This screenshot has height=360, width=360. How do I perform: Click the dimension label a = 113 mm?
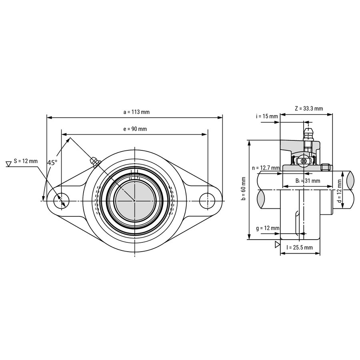136,112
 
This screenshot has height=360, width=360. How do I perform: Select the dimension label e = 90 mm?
135,129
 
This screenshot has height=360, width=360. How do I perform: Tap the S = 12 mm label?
26,161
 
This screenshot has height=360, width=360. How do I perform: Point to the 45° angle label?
52,163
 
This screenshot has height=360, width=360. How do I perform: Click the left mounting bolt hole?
61,201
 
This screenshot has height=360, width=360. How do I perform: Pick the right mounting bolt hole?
207,201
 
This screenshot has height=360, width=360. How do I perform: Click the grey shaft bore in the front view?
135,200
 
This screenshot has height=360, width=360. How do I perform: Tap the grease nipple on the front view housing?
96,162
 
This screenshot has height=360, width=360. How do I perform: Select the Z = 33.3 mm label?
309,108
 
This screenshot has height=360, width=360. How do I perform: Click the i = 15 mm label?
267,116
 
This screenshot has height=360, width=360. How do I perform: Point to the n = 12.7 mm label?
266,168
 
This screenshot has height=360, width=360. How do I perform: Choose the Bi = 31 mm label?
308,181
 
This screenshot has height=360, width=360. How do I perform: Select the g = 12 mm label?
268,228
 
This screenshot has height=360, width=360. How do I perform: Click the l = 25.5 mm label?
299,247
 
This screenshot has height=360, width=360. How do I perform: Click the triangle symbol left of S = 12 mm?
9,164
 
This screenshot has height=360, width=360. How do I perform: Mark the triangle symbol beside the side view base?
277,244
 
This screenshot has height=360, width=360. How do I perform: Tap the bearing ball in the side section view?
304,161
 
